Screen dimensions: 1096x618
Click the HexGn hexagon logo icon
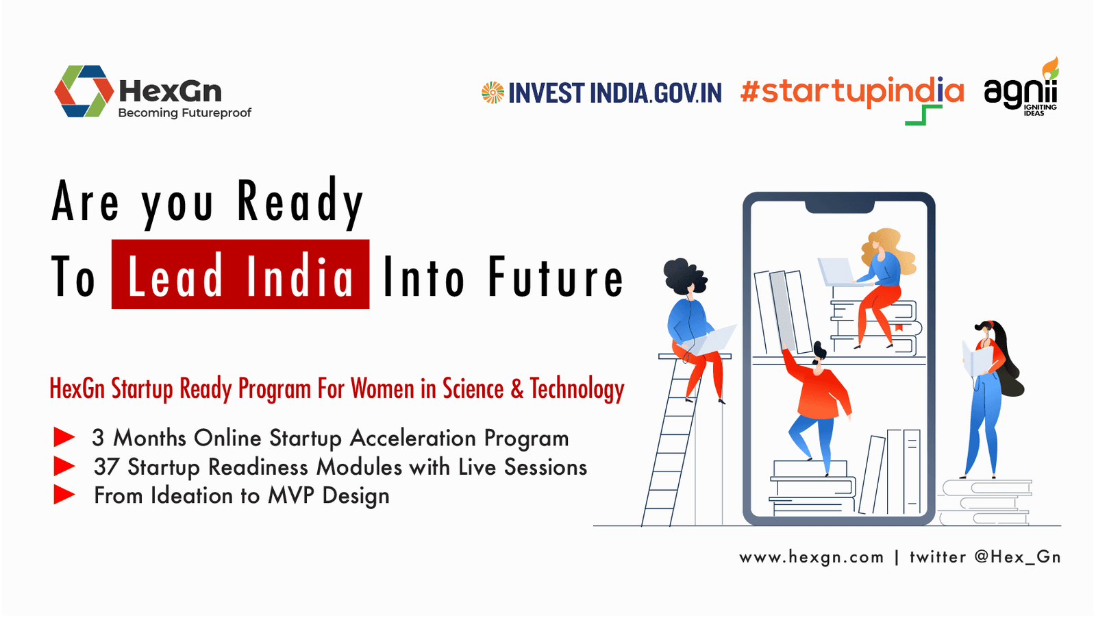[x=83, y=92]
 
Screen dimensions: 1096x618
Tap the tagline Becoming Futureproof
[x=184, y=113]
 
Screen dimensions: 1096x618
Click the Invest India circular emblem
[x=493, y=92]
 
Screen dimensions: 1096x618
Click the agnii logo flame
[x=1050, y=68]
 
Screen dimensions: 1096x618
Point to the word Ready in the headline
[x=301, y=202]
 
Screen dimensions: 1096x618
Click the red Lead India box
[x=240, y=274]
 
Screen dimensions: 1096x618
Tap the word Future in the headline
[x=556, y=277]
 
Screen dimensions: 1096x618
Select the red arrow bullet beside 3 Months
[x=64, y=437]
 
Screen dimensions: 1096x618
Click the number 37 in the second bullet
[x=105, y=467]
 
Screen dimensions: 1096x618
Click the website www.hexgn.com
[x=811, y=557]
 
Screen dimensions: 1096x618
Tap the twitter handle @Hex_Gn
[x=1017, y=557]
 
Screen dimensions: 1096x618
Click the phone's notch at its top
[x=840, y=208]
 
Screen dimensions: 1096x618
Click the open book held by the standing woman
[x=977, y=360]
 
